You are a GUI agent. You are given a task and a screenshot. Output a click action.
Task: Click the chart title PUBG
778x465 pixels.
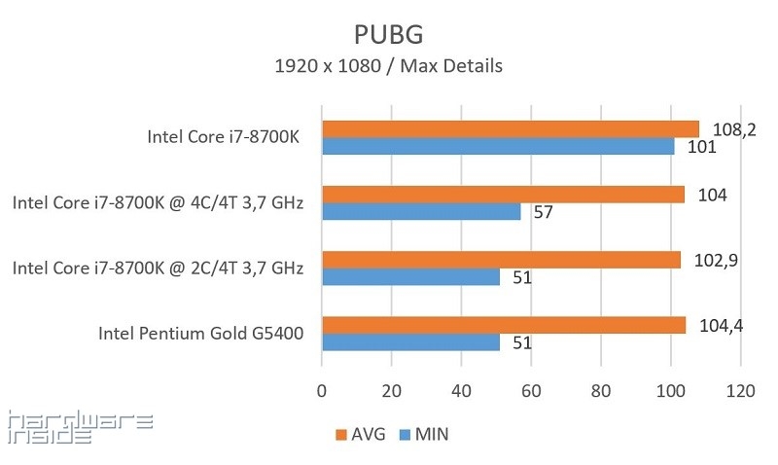[389, 34]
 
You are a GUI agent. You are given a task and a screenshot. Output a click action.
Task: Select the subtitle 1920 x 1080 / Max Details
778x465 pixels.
[389, 66]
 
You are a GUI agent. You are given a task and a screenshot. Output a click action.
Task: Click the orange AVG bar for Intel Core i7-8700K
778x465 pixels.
[511, 128]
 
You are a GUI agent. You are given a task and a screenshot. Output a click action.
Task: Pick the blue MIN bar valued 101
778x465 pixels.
[498, 147]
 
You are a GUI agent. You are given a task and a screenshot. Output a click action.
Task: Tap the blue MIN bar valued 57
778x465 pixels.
[421, 212]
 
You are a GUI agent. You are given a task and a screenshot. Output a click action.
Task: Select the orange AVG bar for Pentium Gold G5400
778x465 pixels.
[504, 325]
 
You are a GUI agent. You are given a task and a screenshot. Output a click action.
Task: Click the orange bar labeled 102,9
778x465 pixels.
[501, 260]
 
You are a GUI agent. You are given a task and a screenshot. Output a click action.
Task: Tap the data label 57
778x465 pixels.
[543, 212]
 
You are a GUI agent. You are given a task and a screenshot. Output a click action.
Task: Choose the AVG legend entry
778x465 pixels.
[360, 435]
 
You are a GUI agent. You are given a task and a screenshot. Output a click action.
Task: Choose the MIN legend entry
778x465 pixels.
[424, 435]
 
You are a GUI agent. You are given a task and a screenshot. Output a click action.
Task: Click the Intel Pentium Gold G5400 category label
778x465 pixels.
[201, 334]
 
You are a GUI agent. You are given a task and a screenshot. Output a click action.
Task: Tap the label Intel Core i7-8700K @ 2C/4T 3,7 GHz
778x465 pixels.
[159, 268]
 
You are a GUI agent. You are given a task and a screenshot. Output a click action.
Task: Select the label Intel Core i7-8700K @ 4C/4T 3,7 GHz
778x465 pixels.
[159, 203]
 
